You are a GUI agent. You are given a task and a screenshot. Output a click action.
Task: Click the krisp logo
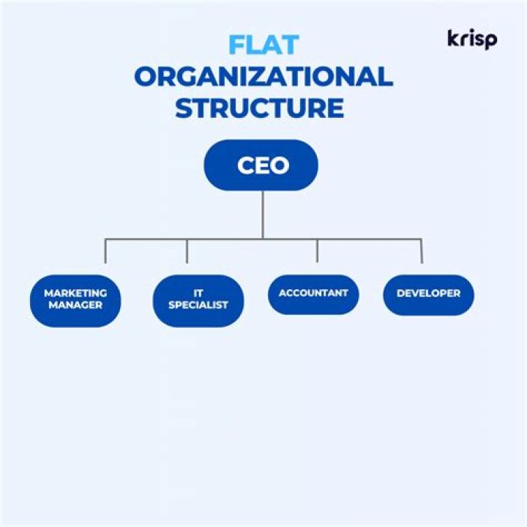471,39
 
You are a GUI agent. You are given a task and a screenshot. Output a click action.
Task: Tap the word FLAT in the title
263,45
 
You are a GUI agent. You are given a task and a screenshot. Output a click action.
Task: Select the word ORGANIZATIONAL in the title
263,76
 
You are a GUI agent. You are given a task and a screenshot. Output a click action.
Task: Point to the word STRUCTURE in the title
260,108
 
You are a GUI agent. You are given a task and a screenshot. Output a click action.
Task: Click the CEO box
261,165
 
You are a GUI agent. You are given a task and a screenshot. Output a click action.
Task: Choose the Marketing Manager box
75,299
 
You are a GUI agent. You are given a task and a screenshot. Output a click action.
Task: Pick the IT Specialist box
198,299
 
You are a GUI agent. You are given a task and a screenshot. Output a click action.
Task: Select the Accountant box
313,294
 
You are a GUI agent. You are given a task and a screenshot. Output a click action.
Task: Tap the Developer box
428,294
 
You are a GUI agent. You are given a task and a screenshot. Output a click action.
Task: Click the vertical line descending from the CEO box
262,214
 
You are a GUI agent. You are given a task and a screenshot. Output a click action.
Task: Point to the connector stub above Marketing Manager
105,251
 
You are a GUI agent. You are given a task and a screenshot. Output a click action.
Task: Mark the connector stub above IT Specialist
187,251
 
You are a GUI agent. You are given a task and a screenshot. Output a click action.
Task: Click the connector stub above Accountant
317,251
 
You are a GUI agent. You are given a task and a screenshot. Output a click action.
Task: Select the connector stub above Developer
422,251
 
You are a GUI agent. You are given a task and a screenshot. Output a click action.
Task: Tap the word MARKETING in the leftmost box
75,293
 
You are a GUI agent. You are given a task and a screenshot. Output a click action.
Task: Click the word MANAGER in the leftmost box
75,304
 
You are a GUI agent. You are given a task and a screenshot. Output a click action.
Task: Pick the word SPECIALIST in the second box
198,304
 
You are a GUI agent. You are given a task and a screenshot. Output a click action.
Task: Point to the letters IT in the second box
198,293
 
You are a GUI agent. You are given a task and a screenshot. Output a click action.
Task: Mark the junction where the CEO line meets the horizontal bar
262,239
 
